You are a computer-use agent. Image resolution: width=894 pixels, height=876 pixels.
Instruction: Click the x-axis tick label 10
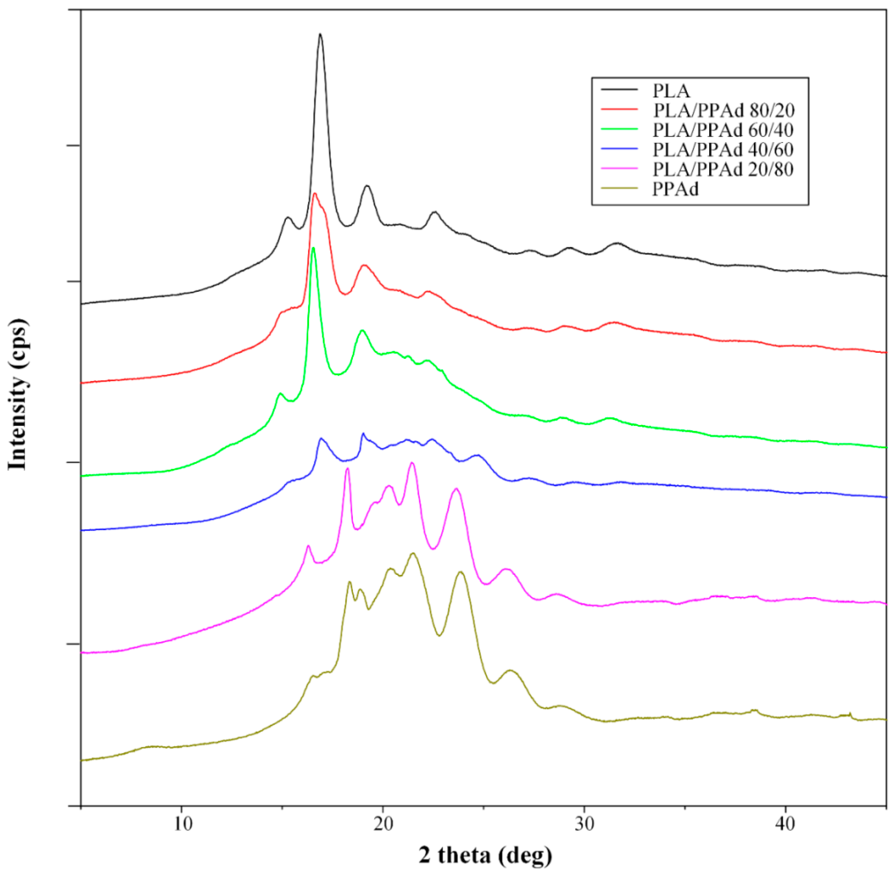182,824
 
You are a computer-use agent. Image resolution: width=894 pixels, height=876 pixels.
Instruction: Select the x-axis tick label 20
383,824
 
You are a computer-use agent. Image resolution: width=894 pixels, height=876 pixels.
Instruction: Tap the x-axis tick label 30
584,824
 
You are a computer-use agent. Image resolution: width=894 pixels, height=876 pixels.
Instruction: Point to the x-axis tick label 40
785,824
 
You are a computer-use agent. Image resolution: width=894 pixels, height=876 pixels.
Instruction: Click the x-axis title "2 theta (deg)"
485,855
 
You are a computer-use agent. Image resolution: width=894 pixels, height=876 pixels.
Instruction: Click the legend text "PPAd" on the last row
675,189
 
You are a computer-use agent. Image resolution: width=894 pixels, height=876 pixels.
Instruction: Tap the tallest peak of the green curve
313,248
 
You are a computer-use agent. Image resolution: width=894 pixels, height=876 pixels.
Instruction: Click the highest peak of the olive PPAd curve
413,553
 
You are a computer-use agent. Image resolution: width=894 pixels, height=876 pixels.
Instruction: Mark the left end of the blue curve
82,530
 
